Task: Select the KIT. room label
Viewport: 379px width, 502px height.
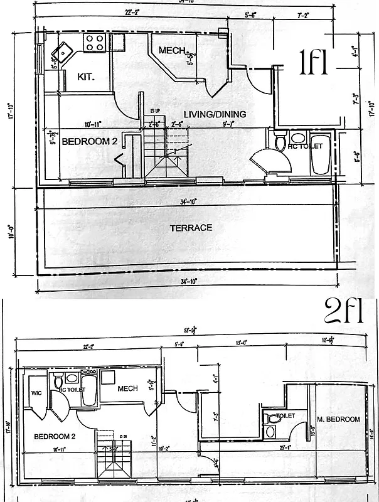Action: pyautogui.click(x=85, y=77)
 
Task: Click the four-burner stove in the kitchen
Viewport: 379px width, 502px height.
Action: pyautogui.click(x=94, y=42)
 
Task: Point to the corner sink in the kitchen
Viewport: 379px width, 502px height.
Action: pyautogui.click(x=61, y=53)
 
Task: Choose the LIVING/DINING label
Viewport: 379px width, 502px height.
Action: pyautogui.click(x=215, y=114)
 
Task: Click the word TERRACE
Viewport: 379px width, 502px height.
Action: pyautogui.click(x=191, y=228)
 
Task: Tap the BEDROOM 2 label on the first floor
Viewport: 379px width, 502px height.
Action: pyautogui.click(x=90, y=142)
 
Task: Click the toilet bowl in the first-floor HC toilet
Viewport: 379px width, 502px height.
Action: pyautogui.click(x=280, y=142)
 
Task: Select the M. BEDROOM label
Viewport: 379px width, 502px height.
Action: pyautogui.click(x=338, y=419)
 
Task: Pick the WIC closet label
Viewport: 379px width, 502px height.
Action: pyautogui.click(x=35, y=395)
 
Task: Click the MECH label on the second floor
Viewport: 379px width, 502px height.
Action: pyautogui.click(x=127, y=388)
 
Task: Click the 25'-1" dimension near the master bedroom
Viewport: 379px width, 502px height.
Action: pyautogui.click(x=286, y=447)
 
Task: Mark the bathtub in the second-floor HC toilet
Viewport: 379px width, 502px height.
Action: pyautogui.click(x=88, y=390)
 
